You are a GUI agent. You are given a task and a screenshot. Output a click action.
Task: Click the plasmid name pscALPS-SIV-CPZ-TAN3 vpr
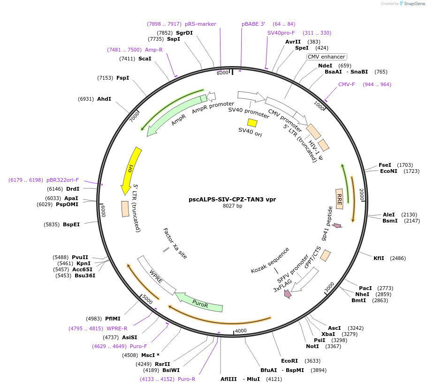[232, 199]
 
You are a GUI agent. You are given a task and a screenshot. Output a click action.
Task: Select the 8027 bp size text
[232, 206]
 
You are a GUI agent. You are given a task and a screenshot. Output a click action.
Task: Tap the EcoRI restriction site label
[289, 361]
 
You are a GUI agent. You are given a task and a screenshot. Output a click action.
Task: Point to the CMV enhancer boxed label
[326, 57]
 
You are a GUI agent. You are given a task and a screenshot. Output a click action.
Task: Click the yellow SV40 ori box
[252, 123]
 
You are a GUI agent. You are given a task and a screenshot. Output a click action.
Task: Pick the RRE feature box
[339, 199]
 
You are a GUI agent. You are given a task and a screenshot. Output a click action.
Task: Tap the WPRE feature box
[156, 275]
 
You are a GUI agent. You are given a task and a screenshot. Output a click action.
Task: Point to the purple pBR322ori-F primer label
[63, 180]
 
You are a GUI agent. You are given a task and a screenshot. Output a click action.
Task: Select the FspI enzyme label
[123, 78]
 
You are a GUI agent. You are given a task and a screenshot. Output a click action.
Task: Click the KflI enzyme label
[379, 258]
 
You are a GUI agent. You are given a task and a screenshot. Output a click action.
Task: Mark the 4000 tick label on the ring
[241, 331]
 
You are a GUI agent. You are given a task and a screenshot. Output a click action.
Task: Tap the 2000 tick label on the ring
[362, 194]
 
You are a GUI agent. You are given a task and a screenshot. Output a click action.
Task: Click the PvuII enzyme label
[80, 257]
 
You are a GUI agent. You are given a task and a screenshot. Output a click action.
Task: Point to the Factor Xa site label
[175, 243]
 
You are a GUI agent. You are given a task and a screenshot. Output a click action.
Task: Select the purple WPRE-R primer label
[117, 328]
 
